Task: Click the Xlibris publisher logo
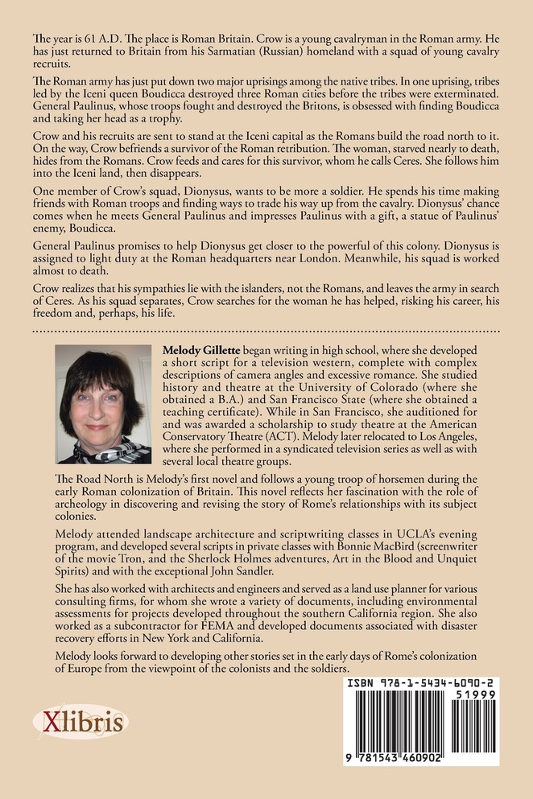(80, 722)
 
